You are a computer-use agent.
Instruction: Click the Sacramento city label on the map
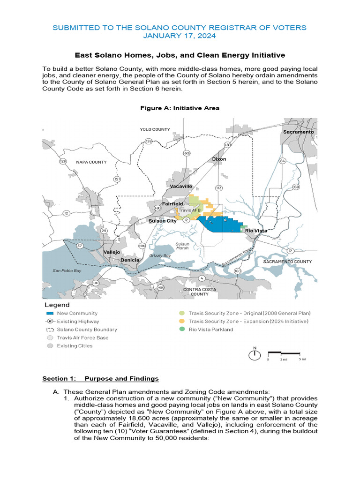pyautogui.click(x=298, y=132)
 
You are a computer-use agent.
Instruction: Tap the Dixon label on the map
pyautogui.click(x=219, y=159)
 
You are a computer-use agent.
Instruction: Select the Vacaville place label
pyautogui.click(x=181, y=186)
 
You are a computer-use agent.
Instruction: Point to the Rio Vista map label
pyautogui.click(x=256, y=231)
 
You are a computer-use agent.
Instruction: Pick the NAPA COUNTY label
pyautogui.click(x=91, y=162)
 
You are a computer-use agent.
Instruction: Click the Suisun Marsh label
pyautogui.click(x=182, y=246)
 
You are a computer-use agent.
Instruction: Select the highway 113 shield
pyautogui.click(x=218, y=187)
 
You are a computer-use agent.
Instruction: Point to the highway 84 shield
pyautogui.click(x=282, y=161)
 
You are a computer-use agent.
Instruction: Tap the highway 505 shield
pyautogui.click(x=187, y=153)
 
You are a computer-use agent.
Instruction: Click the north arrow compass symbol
pyautogui.click(x=255, y=354)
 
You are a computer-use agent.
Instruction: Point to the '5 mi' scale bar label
pyautogui.click(x=303, y=360)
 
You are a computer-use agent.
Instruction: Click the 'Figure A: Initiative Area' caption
pyautogui.click(x=180, y=108)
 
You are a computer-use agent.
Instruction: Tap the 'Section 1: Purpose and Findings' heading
pyautogui.click(x=100, y=378)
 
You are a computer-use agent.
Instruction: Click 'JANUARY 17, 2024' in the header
pyautogui.click(x=180, y=36)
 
